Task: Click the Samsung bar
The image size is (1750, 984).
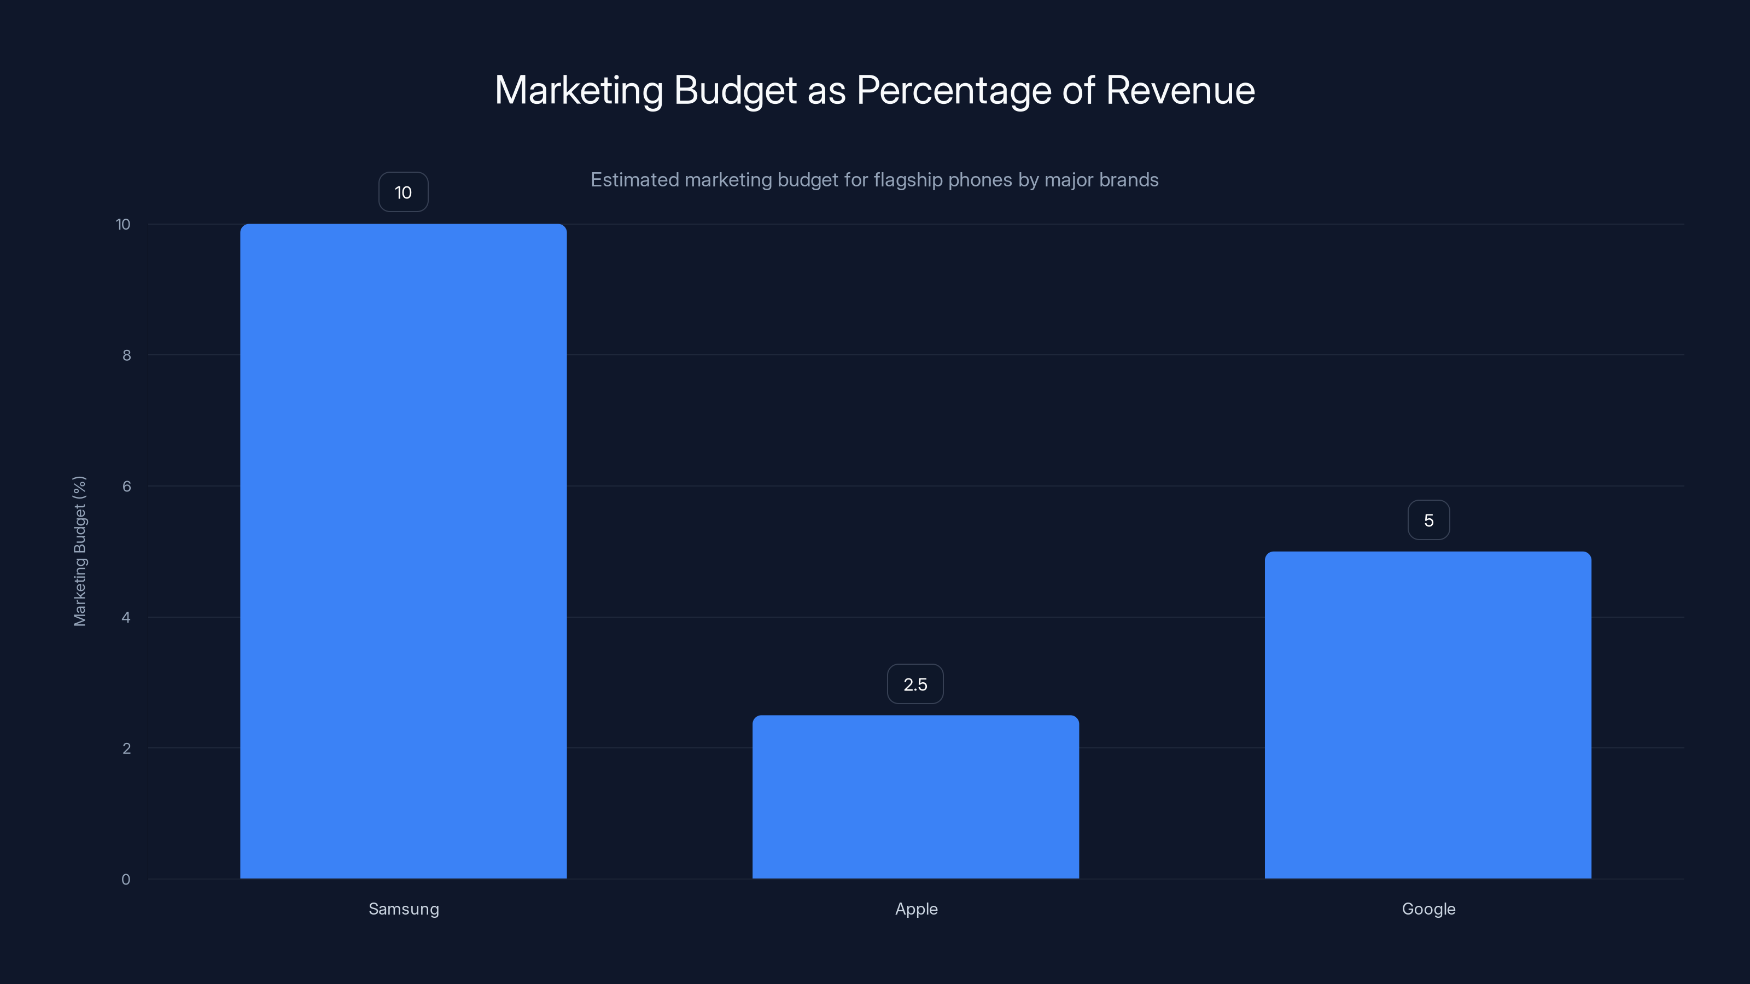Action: coord(403,550)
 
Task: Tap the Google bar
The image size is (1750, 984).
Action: coord(1427,714)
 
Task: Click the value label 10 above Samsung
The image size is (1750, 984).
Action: coord(403,192)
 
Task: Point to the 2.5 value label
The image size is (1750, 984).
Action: coord(915,684)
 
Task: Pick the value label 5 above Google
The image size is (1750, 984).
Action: coord(1428,520)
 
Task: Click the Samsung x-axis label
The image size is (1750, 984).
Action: coord(404,909)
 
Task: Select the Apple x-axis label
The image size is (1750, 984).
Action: coord(916,909)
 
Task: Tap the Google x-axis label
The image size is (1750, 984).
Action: coord(1428,909)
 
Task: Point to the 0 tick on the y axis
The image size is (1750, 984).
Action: coord(126,880)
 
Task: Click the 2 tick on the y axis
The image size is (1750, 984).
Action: coord(126,748)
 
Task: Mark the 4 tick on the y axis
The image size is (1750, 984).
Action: coord(126,617)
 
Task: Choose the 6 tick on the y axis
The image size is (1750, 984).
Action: coord(126,486)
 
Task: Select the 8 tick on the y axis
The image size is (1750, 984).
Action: coord(126,355)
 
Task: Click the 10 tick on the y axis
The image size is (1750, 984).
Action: coord(123,224)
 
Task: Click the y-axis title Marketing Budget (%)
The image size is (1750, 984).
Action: coord(79,550)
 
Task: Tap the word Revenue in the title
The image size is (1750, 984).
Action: coord(1180,90)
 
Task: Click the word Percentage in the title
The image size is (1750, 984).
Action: coord(953,91)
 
